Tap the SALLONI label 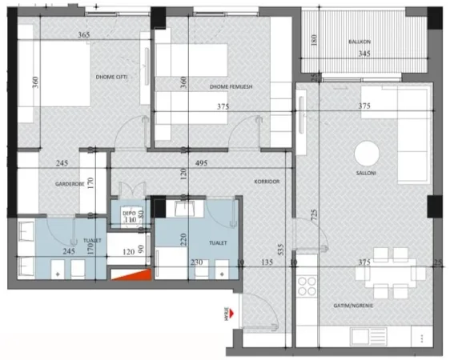click(x=368, y=181)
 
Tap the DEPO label click(x=129, y=214)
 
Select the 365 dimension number click(x=82, y=36)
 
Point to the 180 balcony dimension click(x=315, y=40)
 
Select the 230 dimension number click(x=196, y=260)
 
